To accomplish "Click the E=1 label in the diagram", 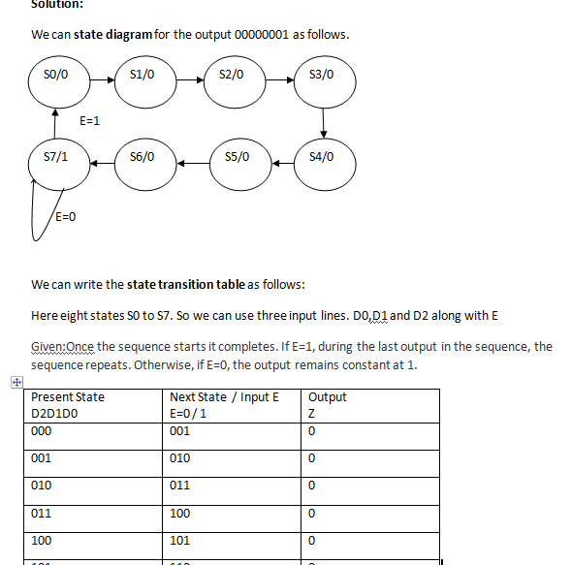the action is (90, 121).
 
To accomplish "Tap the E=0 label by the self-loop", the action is (65, 216).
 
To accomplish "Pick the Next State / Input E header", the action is (224, 397).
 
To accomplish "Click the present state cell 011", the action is (42, 513).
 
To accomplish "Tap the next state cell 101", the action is (180, 540).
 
